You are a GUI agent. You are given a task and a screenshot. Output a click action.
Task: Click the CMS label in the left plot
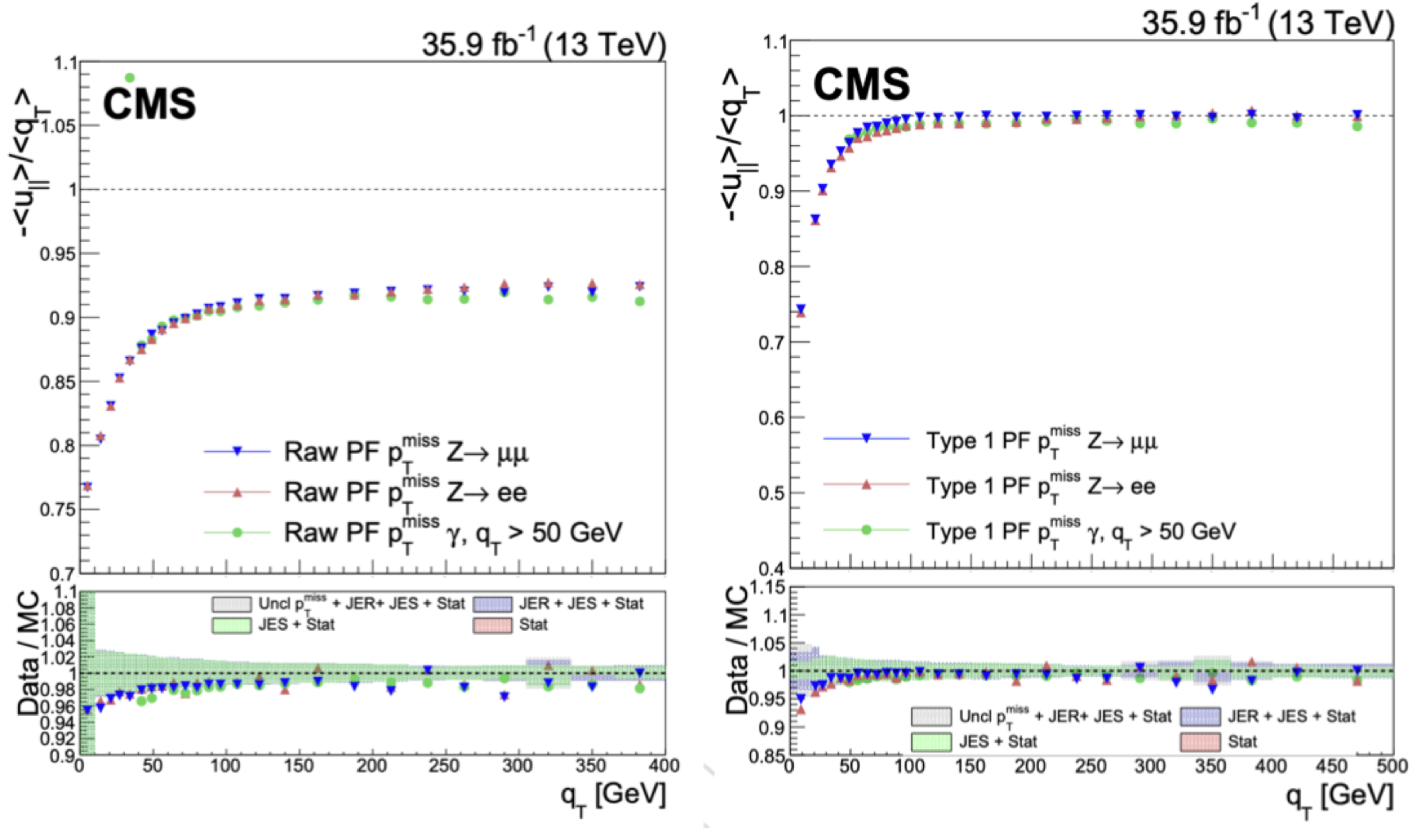(x=150, y=104)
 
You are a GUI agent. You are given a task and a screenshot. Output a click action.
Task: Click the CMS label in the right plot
(x=861, y=84)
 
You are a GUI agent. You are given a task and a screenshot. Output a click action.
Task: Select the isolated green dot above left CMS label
(x=130, y=78)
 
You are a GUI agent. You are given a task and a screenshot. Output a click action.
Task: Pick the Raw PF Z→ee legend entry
(x=366, y=492)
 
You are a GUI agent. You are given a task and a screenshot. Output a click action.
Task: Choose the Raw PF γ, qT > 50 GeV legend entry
(x=412, y=532)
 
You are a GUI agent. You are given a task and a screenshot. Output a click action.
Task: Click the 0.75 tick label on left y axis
(x=57, y=509)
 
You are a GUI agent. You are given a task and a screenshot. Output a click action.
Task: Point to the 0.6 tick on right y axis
(x=772, y=418)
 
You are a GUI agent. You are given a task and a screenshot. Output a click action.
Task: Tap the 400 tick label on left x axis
(x=664, y=766)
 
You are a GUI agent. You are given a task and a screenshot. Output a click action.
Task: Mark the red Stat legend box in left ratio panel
(x=492, y=625)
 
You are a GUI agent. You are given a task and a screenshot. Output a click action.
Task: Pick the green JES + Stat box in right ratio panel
(x=930, y=742)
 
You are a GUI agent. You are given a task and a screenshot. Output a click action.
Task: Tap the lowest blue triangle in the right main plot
(x=801, y=309)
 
